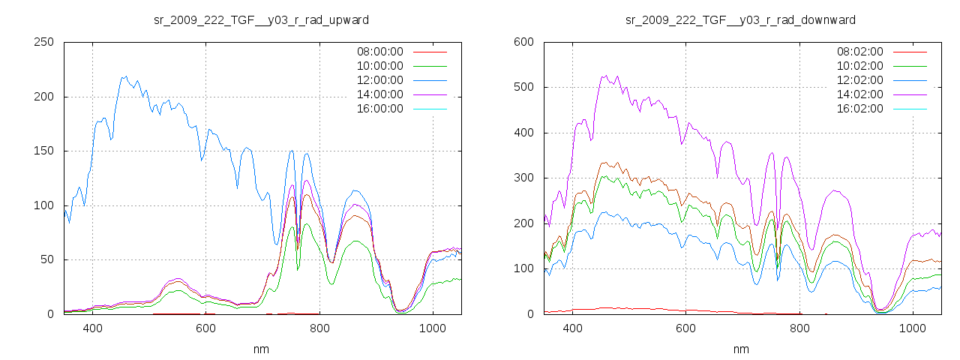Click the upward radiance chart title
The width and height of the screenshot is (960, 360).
click(x=261, y=19)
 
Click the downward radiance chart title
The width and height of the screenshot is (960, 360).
click(x=741, y=19)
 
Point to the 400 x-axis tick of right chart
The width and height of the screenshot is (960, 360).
click(x=572, y=328)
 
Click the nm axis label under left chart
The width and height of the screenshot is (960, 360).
click(x=262, y=349)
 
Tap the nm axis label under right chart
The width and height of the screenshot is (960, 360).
click(x=741, y=349)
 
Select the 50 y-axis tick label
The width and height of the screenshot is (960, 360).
click(x=47, y=259)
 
